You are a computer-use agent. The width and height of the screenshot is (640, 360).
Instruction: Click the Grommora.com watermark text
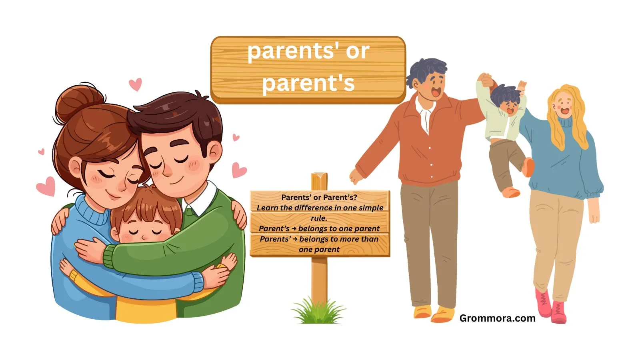[x=497, y=318]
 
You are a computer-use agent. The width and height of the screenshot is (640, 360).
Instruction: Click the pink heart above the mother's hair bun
[x=135, y=84]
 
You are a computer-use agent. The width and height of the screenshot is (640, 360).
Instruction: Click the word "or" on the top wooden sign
[x=357, y=52]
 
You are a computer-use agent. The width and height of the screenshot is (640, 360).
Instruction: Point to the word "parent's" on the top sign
[x=308, y=83]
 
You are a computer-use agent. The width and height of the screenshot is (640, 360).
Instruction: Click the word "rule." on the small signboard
[x=319, y=218]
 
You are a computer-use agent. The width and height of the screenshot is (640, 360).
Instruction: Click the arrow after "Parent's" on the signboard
[x=294, y=229]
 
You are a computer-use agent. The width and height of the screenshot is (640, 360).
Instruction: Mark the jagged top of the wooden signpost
[x=319, y=176]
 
